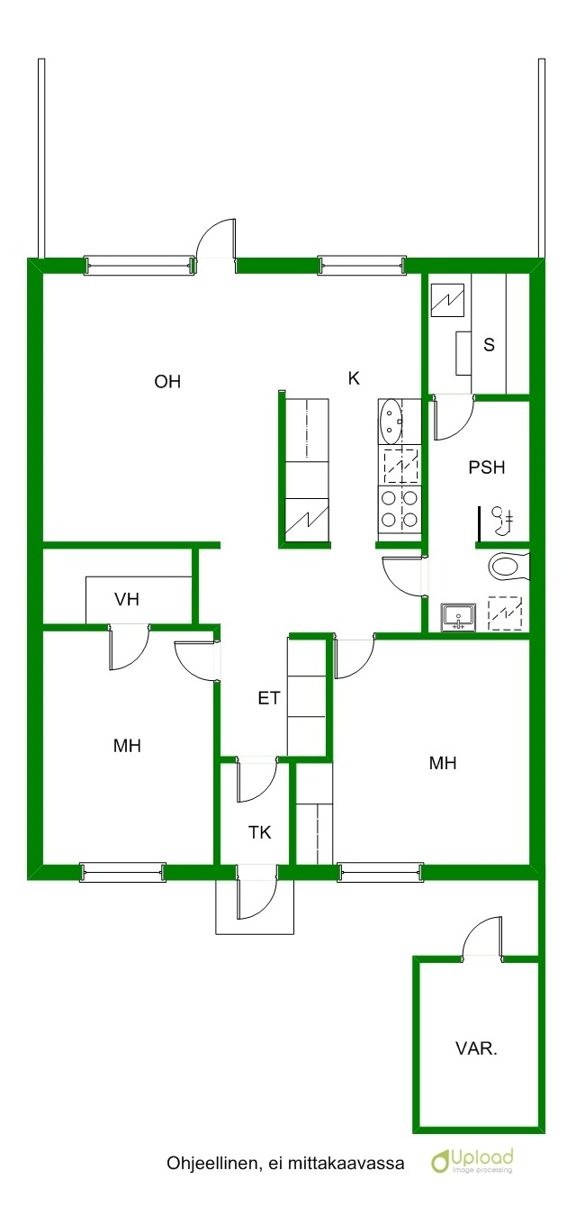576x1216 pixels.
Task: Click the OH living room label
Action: tap(167, 382)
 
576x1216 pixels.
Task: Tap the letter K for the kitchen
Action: tap(354, 378)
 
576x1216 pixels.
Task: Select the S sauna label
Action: tap(490, 344)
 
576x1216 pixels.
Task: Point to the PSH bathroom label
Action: tap(487, 467)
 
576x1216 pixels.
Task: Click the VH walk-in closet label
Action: tap(127, 599)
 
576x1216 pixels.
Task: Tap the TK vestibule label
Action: tap(260, 832)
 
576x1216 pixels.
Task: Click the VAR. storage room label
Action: tap(476, 1048)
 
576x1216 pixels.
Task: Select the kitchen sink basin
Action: tap(390, 421)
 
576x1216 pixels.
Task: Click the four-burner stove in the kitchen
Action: tap(400, 508)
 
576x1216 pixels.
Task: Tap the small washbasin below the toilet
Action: tap(458, 617)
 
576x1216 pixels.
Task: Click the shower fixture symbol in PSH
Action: tap(503, 520)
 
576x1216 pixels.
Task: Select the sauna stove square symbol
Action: tap(447, 300)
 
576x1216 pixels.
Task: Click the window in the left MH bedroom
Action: tap(122, 871)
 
